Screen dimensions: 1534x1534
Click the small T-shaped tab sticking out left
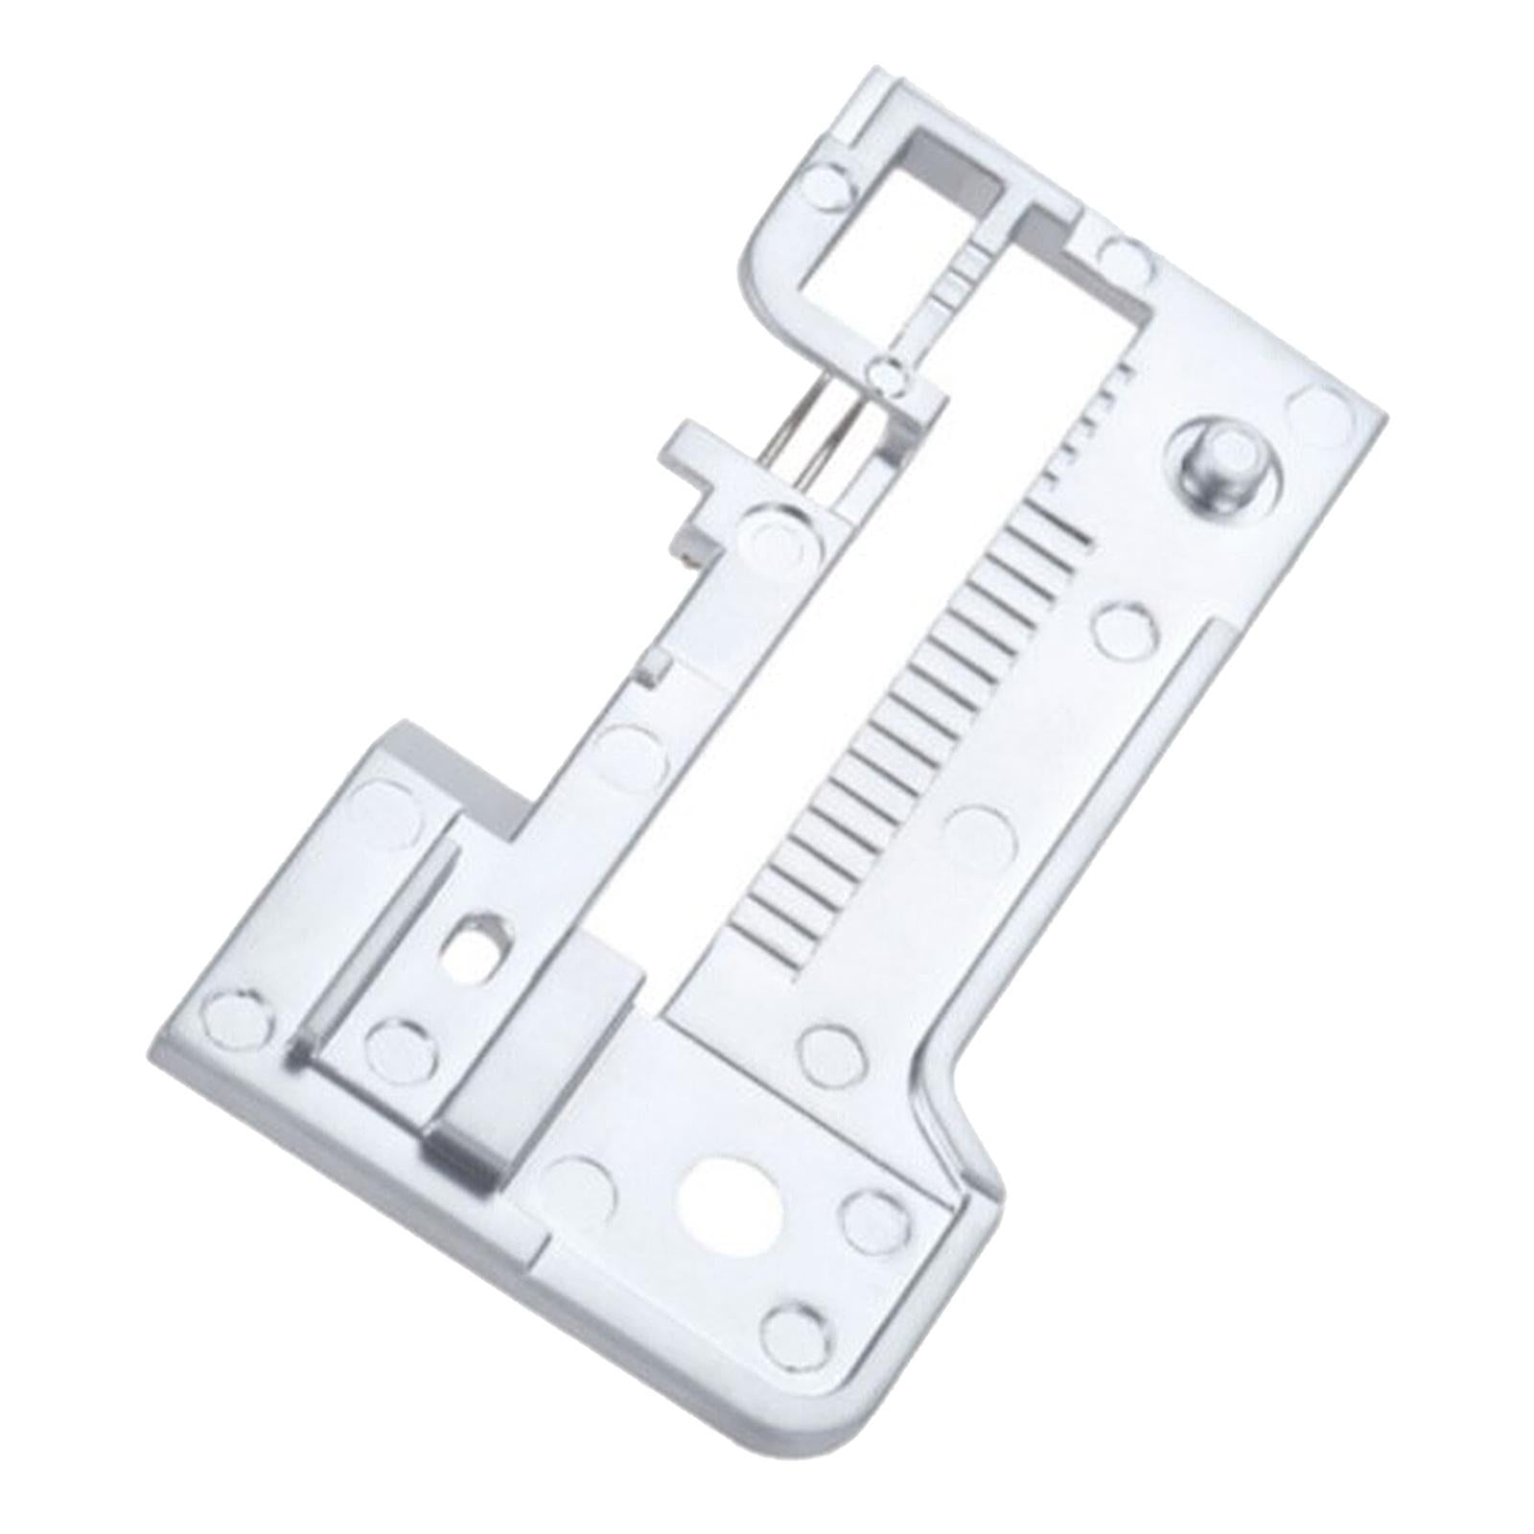pyautogui.click(x=698, y=449)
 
